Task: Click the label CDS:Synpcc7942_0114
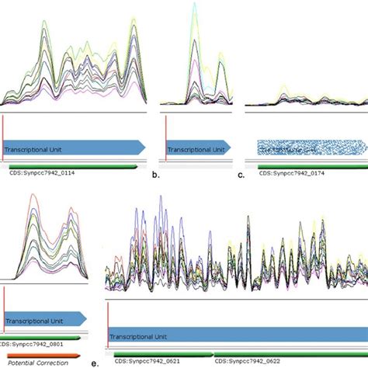click(x=38, y=175)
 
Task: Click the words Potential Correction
click(x=34, y=362)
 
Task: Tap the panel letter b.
click(x=155, y=175)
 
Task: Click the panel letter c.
click(x=241, y=175)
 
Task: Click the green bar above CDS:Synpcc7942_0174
click(x=303, y=165)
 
